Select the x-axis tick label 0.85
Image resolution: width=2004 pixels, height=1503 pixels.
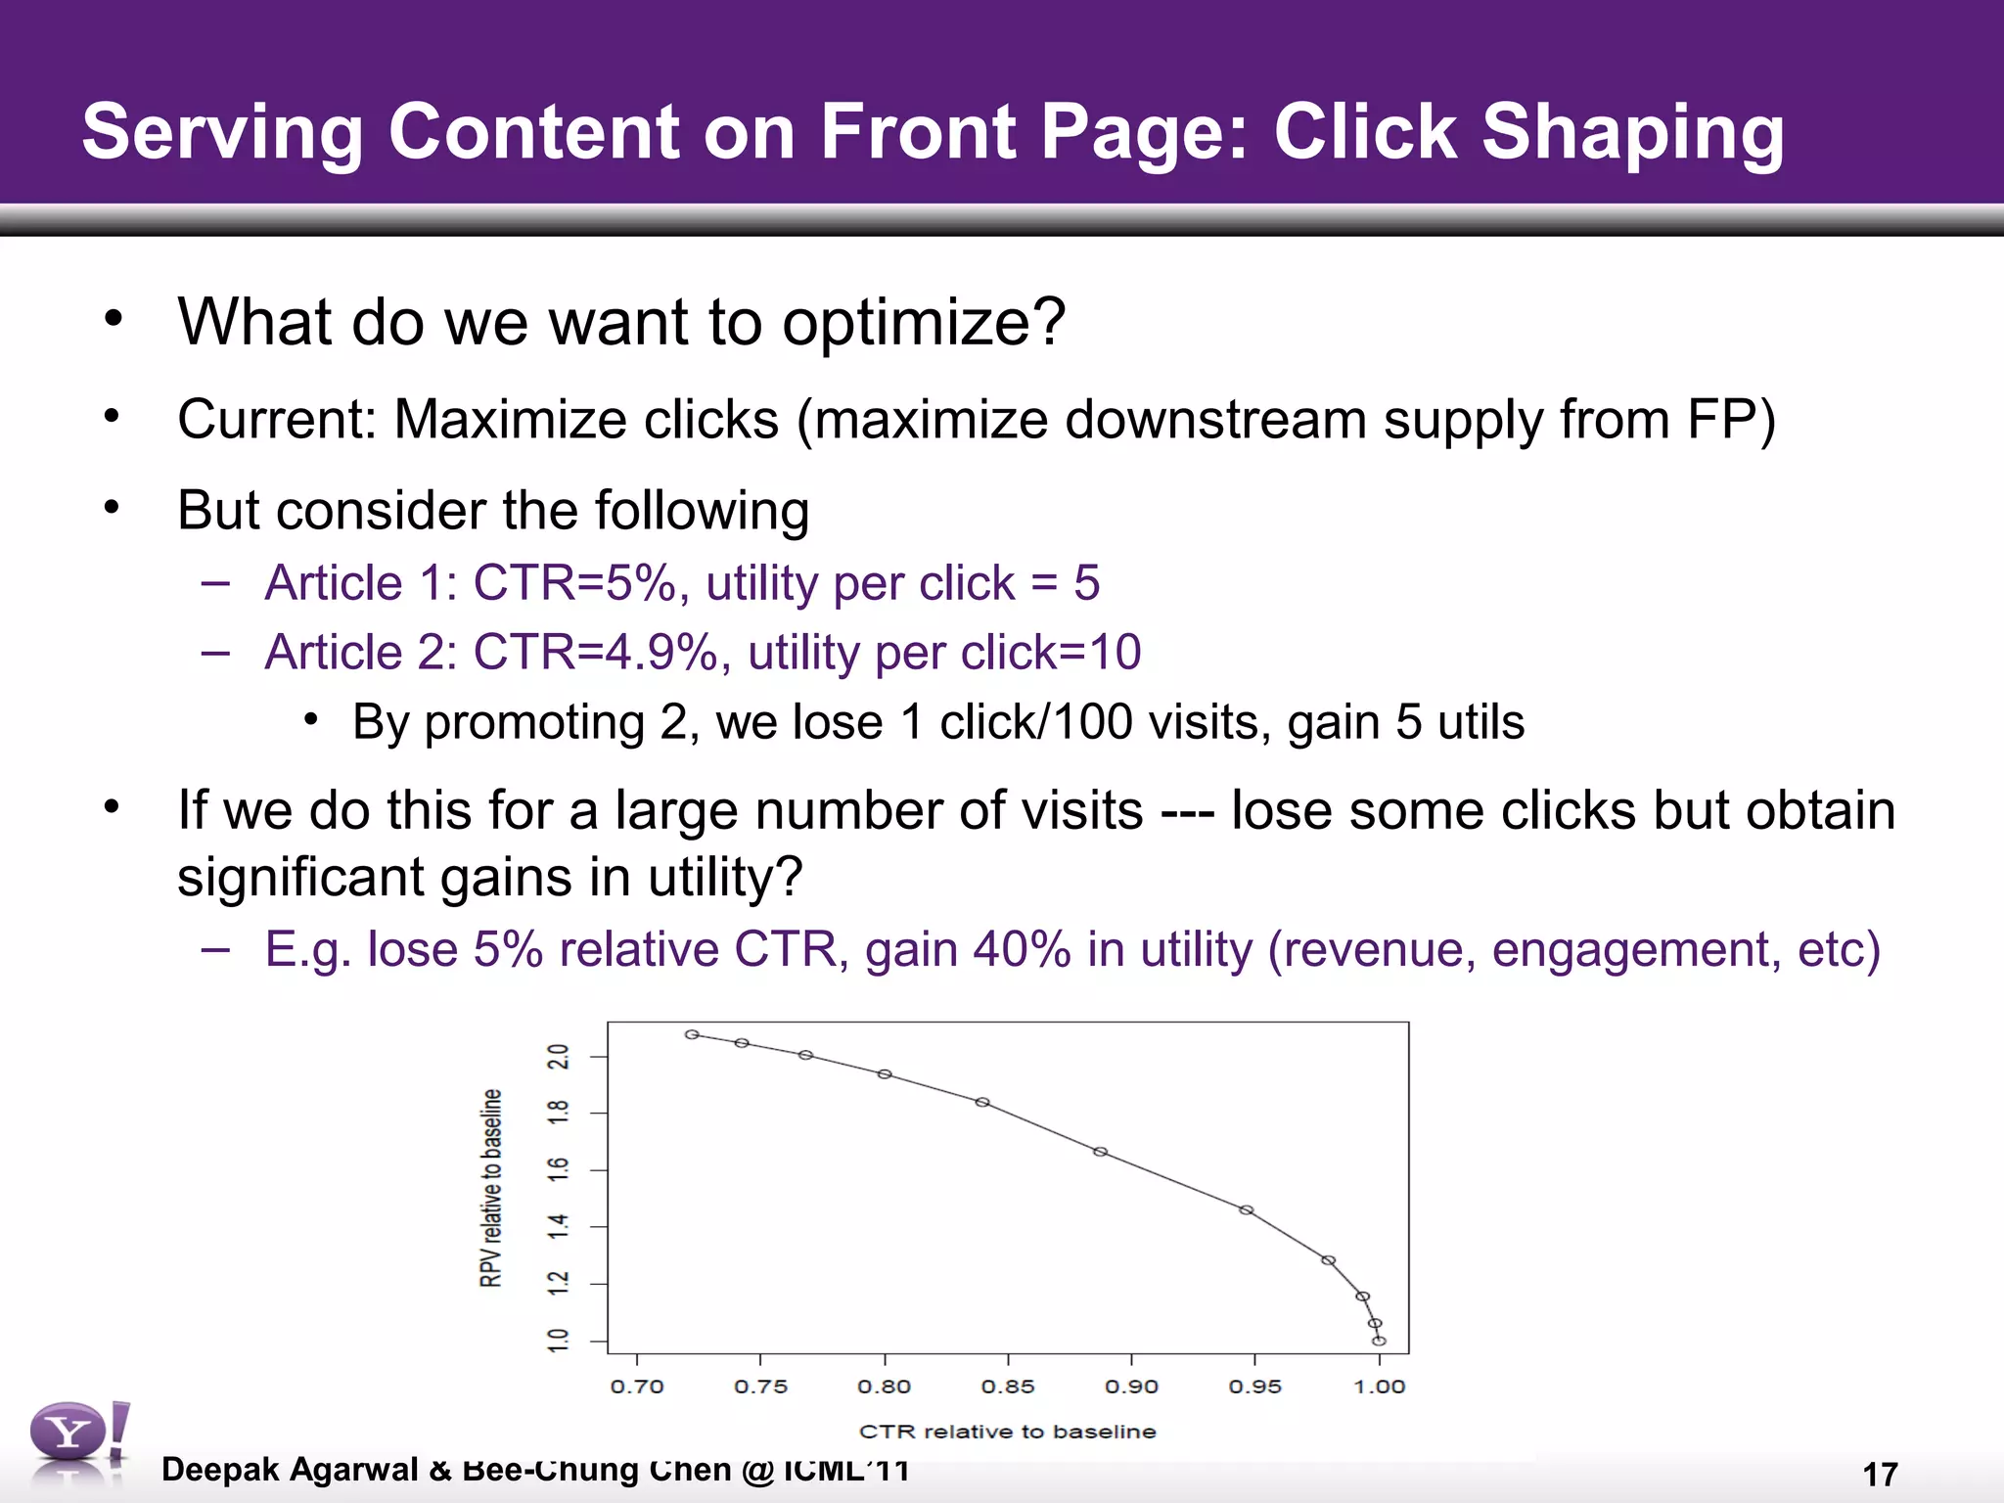click(1008, 1387)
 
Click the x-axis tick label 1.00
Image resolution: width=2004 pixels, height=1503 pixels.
click(1379, 1387)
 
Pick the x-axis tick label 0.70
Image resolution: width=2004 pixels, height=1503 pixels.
click(637, 1387)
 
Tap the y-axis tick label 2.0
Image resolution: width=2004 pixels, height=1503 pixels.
click(559, 1058)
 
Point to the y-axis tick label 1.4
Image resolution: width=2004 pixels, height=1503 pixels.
click(559, 1226)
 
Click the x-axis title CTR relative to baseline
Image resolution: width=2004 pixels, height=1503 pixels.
click(1007, 1432)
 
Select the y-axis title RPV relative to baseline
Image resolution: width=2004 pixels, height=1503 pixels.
click(491, 1188)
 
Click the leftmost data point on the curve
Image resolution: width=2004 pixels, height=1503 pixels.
click(692, 1034)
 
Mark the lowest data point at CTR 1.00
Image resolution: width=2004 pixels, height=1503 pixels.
click(1379, 1342)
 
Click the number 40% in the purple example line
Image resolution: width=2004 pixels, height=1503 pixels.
click(1022, 949)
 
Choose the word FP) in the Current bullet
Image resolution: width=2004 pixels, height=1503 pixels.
click(1731, 421)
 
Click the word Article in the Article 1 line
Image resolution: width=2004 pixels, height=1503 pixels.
click(334, 583)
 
